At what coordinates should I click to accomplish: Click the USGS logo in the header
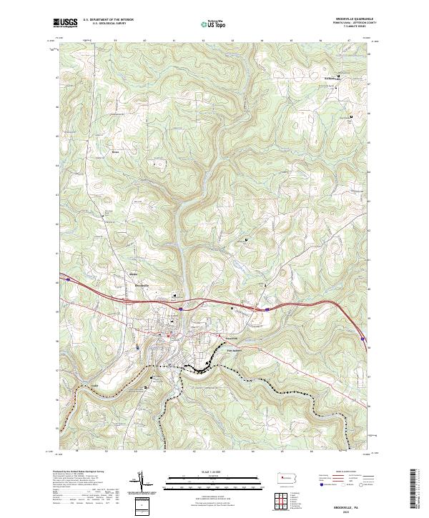click(65, 23)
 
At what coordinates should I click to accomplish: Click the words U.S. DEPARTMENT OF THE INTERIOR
click(108, 20)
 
